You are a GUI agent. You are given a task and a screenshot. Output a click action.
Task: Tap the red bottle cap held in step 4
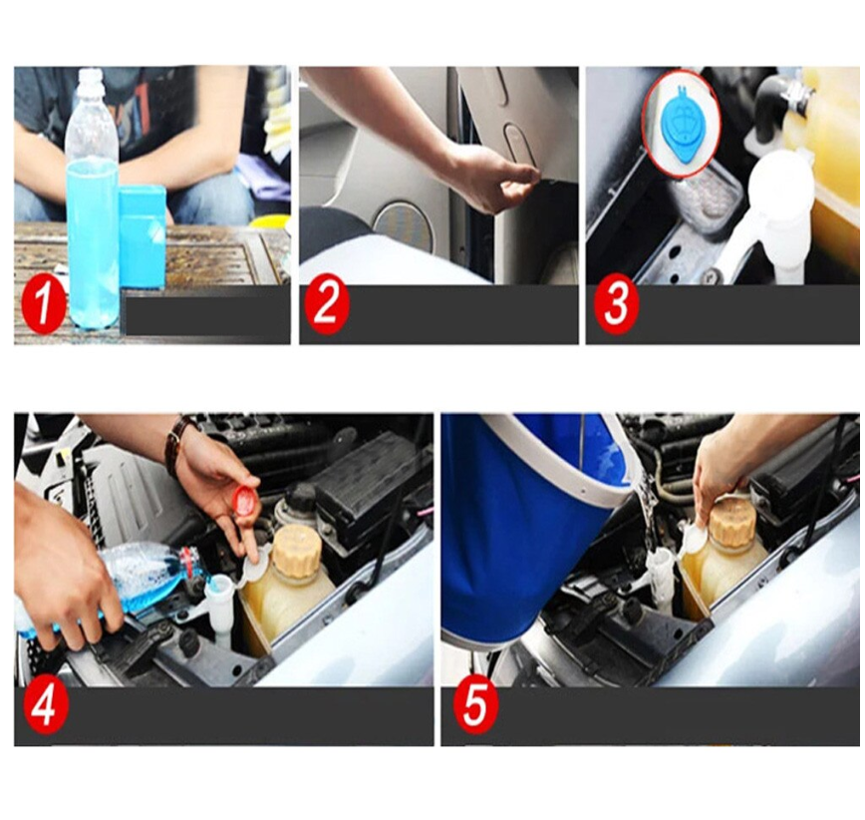244,501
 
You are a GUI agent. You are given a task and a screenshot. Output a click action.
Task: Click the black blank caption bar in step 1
205,315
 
